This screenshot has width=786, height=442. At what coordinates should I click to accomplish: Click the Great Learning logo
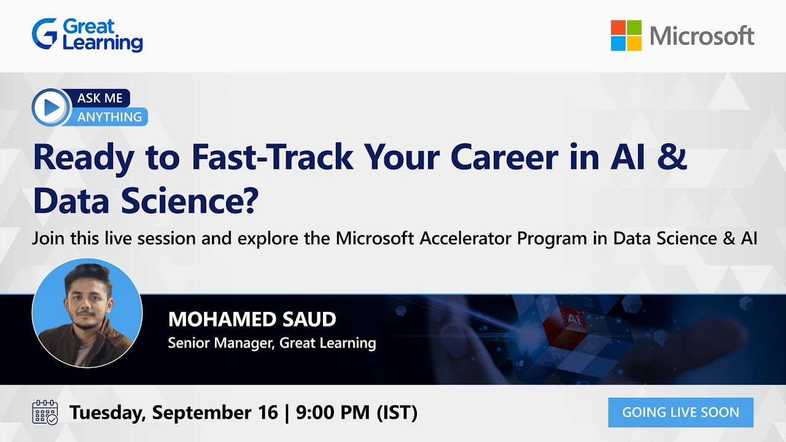[x=87, y=35]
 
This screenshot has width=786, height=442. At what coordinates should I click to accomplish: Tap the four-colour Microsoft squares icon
[x=626, y=36]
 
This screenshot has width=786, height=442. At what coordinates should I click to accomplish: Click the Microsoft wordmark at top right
[x=702, y=36]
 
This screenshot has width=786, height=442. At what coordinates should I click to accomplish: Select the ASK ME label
[x=100, y=98]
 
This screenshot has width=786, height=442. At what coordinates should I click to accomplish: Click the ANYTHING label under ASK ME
[x=110, y=117]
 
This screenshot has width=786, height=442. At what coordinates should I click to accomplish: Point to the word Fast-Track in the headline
[x=272, y=157]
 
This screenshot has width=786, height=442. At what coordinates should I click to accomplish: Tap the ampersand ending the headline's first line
[x=674, y=157]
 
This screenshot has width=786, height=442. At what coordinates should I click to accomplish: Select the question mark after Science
[x=247, y=200]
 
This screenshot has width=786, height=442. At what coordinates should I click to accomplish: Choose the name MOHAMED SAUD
[x=252, y=319]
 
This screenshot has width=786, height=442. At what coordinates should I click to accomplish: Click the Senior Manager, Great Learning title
[x=271, y=343]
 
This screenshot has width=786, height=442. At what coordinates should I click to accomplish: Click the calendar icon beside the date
[x=45, y=412]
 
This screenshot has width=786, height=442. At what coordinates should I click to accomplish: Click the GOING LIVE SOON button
[x=680, y=412]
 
